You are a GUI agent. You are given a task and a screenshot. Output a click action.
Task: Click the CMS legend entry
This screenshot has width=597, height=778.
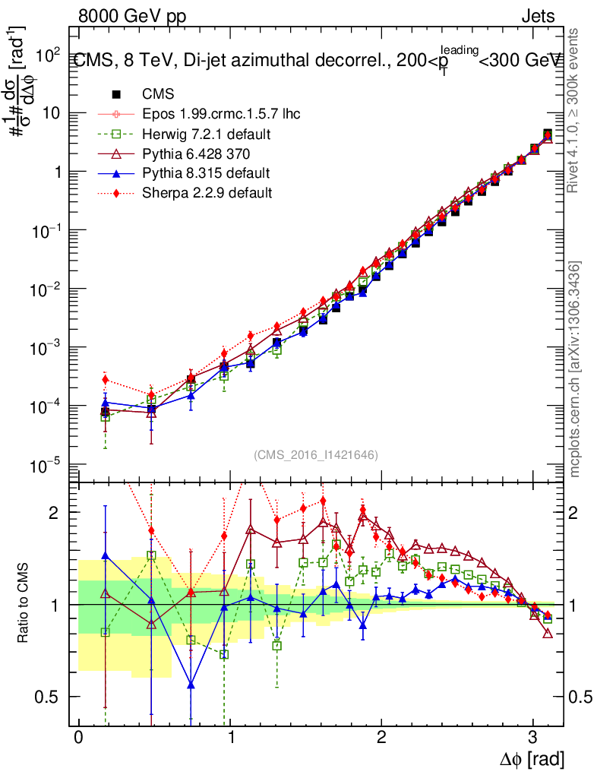pos(158,94)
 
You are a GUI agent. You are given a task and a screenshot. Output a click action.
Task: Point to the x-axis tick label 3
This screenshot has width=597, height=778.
pos(533,738)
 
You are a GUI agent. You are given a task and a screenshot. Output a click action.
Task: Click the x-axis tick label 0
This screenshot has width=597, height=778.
pos(78,738)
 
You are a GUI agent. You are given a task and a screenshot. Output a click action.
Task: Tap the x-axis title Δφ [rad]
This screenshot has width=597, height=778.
pos(532,759)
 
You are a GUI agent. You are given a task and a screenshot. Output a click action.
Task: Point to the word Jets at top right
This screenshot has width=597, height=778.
pos(539,16)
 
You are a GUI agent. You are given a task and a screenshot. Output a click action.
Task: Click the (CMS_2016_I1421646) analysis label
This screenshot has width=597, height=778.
pos(316,454)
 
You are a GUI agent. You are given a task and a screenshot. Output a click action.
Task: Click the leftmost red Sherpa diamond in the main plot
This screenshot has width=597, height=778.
pos(106,380)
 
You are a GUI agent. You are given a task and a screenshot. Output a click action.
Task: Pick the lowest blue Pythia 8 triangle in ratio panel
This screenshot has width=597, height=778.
pos(191,686)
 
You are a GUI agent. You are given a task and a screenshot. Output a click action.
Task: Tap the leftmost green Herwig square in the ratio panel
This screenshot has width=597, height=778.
pos(106,631)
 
